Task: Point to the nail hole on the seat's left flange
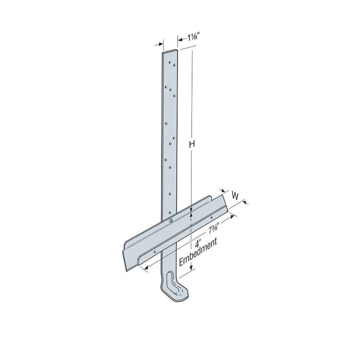[155, 252]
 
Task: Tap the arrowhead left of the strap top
[160, 45]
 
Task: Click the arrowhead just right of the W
[246, 203]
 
